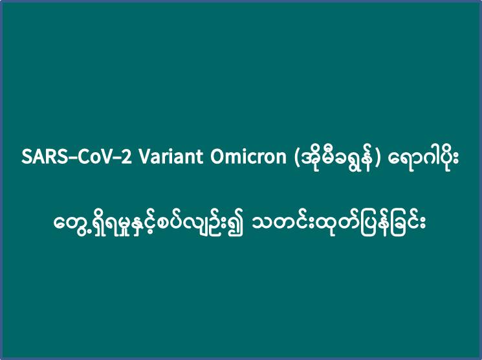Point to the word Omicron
click(x=248, y=157)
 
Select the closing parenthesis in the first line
click(x=378, y=158)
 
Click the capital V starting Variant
click(x=144, y=157)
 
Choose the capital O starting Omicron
click(x=217, y=157)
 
